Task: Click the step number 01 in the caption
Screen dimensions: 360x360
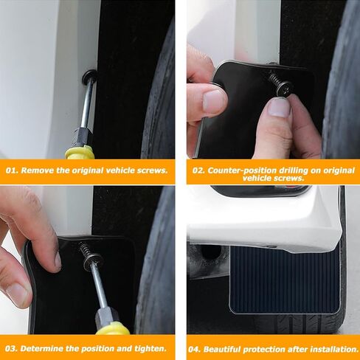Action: point(11,170)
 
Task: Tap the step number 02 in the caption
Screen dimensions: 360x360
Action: point(198,170)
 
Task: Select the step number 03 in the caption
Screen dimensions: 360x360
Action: point(11,348)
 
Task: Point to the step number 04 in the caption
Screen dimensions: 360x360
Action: point(195,349)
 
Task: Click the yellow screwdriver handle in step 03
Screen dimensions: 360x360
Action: point(113,328)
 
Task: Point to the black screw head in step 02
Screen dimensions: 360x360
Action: point(284,87)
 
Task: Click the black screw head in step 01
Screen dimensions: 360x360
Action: point(89,75)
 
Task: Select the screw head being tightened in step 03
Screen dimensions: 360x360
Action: point(93,260)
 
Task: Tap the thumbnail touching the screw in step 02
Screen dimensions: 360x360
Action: point(278,107)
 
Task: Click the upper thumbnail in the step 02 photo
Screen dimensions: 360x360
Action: point(213,100)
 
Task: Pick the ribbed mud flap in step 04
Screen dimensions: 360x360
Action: point(284,280)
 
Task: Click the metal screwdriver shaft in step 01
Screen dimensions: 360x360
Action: point(87,103)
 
